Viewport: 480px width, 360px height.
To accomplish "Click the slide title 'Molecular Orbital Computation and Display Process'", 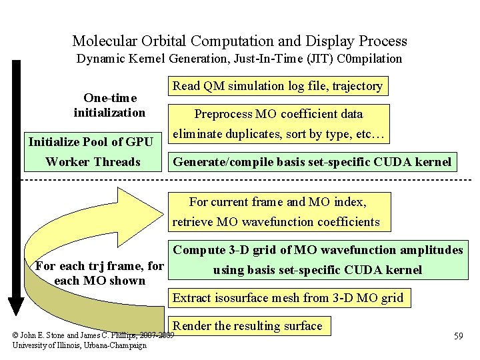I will (239, 41).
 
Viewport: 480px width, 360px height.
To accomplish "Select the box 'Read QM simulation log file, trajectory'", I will (277, 86).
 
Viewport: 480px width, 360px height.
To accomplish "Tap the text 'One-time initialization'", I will (109, 104).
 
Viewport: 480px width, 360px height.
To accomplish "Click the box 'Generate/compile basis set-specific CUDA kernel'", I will (312, 161).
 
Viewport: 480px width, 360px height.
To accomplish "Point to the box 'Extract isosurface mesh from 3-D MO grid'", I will (288, 297).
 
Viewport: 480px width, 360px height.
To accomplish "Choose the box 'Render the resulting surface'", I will (248, 325).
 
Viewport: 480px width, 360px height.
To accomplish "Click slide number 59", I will (458, 336).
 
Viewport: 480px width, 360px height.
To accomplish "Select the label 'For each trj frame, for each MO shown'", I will (99, 273).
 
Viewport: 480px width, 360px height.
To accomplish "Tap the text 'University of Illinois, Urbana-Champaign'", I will (79, 345).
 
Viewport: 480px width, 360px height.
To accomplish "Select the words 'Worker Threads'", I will (93, 162).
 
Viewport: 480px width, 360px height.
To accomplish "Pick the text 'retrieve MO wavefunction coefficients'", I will (276, 222).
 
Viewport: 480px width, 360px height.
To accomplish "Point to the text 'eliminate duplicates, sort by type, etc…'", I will (278, 134).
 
